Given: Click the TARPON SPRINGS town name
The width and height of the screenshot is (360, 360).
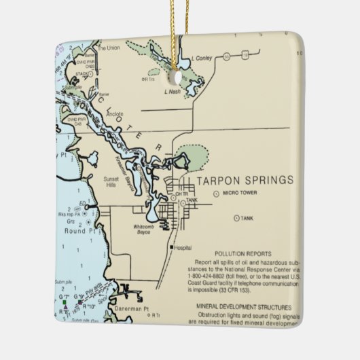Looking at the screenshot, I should (245, 180).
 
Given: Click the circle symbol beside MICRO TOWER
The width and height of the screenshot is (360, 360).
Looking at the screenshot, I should (216, 194).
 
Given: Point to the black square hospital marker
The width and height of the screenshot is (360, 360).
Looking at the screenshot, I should (172, 247).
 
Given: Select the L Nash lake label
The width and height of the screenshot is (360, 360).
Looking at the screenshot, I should (173, 90).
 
